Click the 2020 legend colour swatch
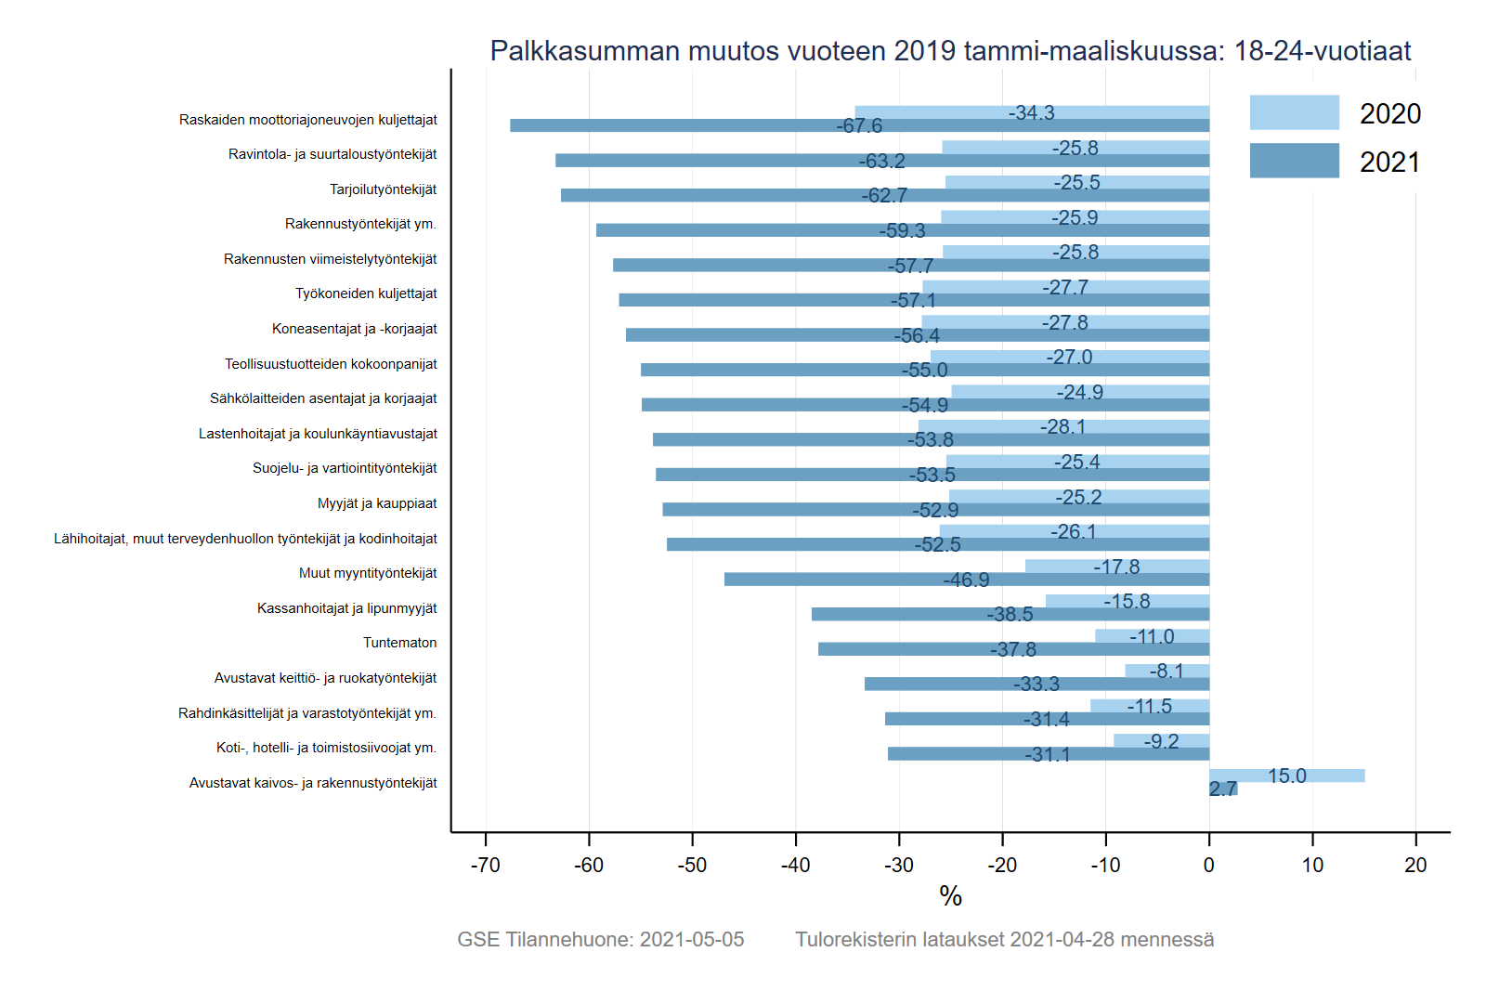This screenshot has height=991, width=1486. [1294, 112]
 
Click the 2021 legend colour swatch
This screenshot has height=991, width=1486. [1294, 161]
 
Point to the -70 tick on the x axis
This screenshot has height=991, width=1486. [486, 865]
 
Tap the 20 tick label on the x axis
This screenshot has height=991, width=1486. [1415, 865]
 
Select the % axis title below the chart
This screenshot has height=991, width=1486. [950, 896]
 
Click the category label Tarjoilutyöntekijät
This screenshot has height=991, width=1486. [383, 189]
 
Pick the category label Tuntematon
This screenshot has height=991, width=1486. [399, 643]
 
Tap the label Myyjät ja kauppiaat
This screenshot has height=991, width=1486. [377, 503]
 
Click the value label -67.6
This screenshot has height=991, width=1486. [859, 126]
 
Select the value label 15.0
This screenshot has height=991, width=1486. [1286, 776]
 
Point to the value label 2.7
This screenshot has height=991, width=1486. [1222, 789]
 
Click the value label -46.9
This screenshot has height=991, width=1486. [966, 580]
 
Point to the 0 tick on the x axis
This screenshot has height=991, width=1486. [1208, 865]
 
